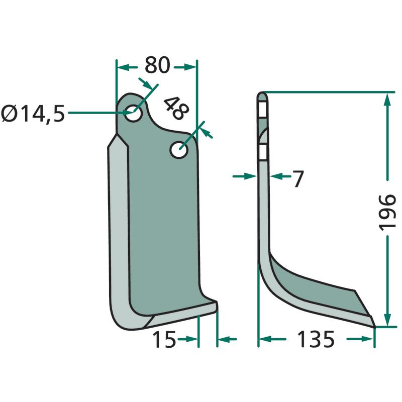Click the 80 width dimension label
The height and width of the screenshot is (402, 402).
click(x=157, y=65)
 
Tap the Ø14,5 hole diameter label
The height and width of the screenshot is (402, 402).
click(x=33, y=114)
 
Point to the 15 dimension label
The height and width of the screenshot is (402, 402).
click(x=164, y=339)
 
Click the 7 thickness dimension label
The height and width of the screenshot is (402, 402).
click(x=298, y=179)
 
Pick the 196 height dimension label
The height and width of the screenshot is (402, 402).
click(x=387, y=213)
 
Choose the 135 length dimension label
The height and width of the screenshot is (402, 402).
click(x=316, y=339)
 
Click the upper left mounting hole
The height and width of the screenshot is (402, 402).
click(x=134, y=113)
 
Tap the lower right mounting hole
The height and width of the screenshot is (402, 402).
click(x=179, y=149)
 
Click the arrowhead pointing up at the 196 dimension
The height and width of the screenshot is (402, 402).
click(x=387, y=98)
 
